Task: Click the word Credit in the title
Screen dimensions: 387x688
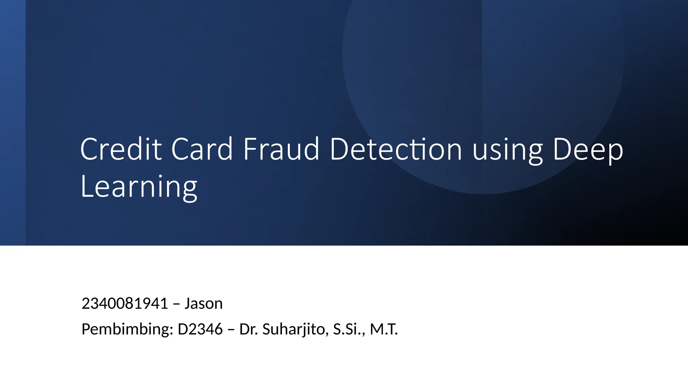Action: [x=121, y=149]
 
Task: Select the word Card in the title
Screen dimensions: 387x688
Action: [x=202, y=149]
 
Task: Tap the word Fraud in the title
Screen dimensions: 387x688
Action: [x=281, y=149]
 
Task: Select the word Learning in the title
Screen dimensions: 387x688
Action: [x=139, y=187]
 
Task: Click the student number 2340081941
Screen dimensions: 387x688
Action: [x=125, y=304]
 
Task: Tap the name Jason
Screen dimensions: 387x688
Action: [x=204, y=304]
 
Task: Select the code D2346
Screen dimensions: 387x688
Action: [x=200, y=329]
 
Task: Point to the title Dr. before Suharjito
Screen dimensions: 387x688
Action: [x=249, y=329]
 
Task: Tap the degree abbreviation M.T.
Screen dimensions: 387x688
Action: [x=384, y=329]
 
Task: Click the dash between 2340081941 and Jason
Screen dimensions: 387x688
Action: [x=176, y=304]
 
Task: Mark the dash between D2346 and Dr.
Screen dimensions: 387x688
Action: [x=231, y=330]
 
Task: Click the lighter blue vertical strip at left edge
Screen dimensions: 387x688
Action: [x=13, y=123]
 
